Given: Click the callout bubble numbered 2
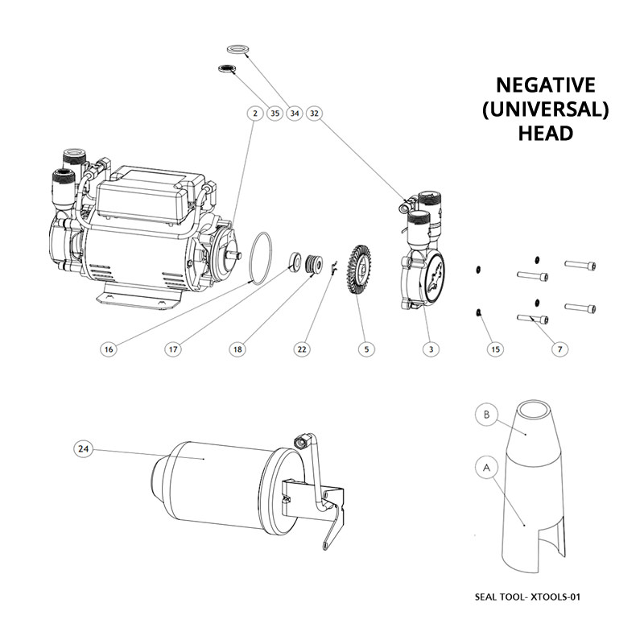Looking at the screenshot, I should [255, 114].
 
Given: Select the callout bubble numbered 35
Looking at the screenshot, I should [275, 114].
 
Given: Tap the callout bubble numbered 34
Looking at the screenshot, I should [295, 114].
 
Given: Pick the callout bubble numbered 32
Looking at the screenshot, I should [315, 114].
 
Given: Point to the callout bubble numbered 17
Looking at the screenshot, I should [173, 349].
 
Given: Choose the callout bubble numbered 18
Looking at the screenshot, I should [237, 349].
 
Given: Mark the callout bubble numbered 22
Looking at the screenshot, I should [302, 349].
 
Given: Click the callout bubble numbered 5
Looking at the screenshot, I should [366, 349].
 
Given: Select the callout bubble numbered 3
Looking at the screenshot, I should [431, 349].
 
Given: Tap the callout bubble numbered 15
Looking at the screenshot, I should [496, 349].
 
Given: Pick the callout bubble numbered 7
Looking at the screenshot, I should [559, 349].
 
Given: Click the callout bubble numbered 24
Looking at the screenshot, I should [83, 449].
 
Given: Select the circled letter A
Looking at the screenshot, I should [485, 466].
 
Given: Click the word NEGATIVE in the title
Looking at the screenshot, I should [545, 85].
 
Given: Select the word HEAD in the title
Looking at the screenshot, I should [545, 133].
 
